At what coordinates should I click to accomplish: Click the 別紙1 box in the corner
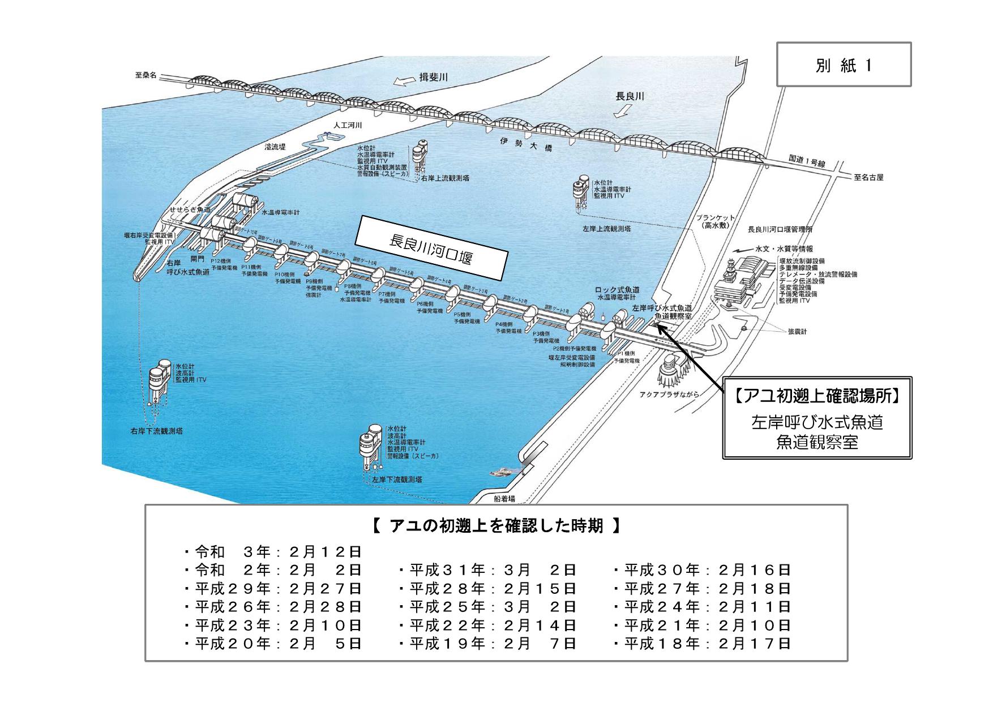tap(843, 65)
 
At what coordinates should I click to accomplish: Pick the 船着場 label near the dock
tap(504, 499)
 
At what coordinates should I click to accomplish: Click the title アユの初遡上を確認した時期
tap(496, 526)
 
